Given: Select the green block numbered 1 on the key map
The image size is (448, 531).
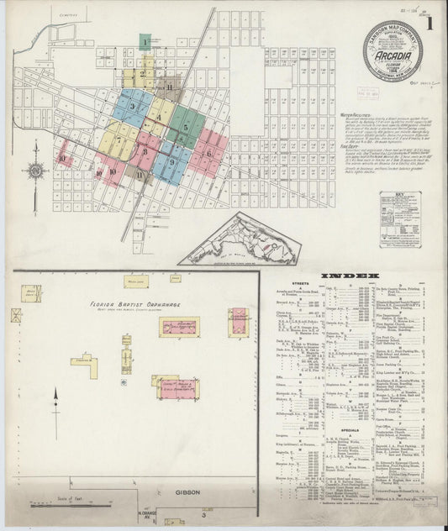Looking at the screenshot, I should [x=145, y=41].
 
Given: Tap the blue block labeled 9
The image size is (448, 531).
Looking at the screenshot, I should [x=171, y=161].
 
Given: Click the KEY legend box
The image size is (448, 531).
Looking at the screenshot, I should [x=398, y=220].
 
